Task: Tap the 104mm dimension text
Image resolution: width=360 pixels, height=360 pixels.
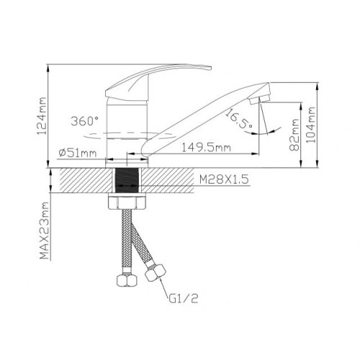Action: [310, 125]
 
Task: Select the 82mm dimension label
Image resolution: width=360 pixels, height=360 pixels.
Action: [294, 135]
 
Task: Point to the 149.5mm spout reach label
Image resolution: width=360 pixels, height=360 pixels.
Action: [206, 147]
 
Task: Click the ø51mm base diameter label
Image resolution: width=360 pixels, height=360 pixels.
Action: [77, 153]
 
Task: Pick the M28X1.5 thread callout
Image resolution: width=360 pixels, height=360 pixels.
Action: [224, 179]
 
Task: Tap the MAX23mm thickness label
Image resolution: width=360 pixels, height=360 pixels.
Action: [44, 230]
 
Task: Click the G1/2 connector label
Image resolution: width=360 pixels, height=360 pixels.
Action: [184, 299]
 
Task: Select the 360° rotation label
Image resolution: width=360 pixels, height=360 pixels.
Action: [84, 121]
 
